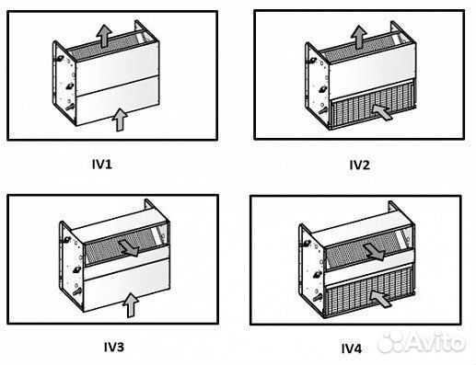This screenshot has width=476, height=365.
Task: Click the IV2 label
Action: pos(358,165)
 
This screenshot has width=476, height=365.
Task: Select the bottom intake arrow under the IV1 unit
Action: pos(117,118)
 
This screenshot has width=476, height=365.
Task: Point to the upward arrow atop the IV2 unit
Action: pos(356,38)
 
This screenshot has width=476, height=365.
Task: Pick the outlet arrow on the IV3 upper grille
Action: pos(133,247)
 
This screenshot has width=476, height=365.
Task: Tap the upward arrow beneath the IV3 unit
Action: pos(131,302)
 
